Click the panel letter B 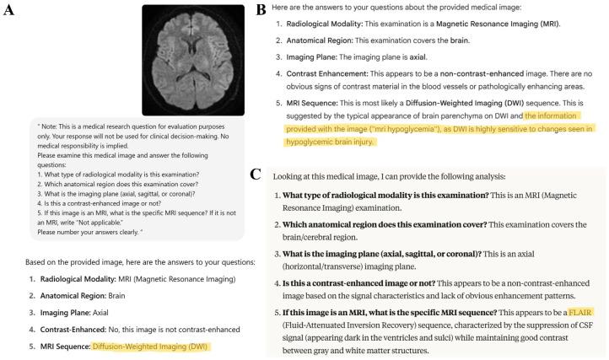(x=261, y=10)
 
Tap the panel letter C (x=256, y=175)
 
